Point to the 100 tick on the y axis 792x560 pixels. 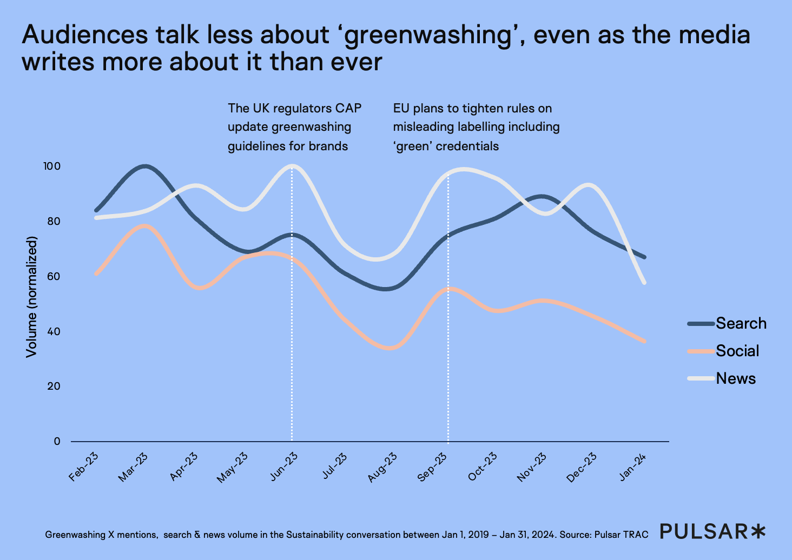(x=52, y=166)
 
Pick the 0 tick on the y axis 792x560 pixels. (x=57, y=441)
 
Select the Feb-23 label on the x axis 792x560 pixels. (x=84, y=466)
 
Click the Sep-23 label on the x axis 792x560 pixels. (x=432, y=467)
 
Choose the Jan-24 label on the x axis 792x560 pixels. (x=633, y=466)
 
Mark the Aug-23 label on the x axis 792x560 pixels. (x=382, y=467)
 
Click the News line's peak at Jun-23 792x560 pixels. (x=292, y=165)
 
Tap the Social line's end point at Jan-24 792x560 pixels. (x=644, y=341)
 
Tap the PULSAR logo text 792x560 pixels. (x=703, y=531)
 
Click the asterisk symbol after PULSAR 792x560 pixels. (x=758, y=531)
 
